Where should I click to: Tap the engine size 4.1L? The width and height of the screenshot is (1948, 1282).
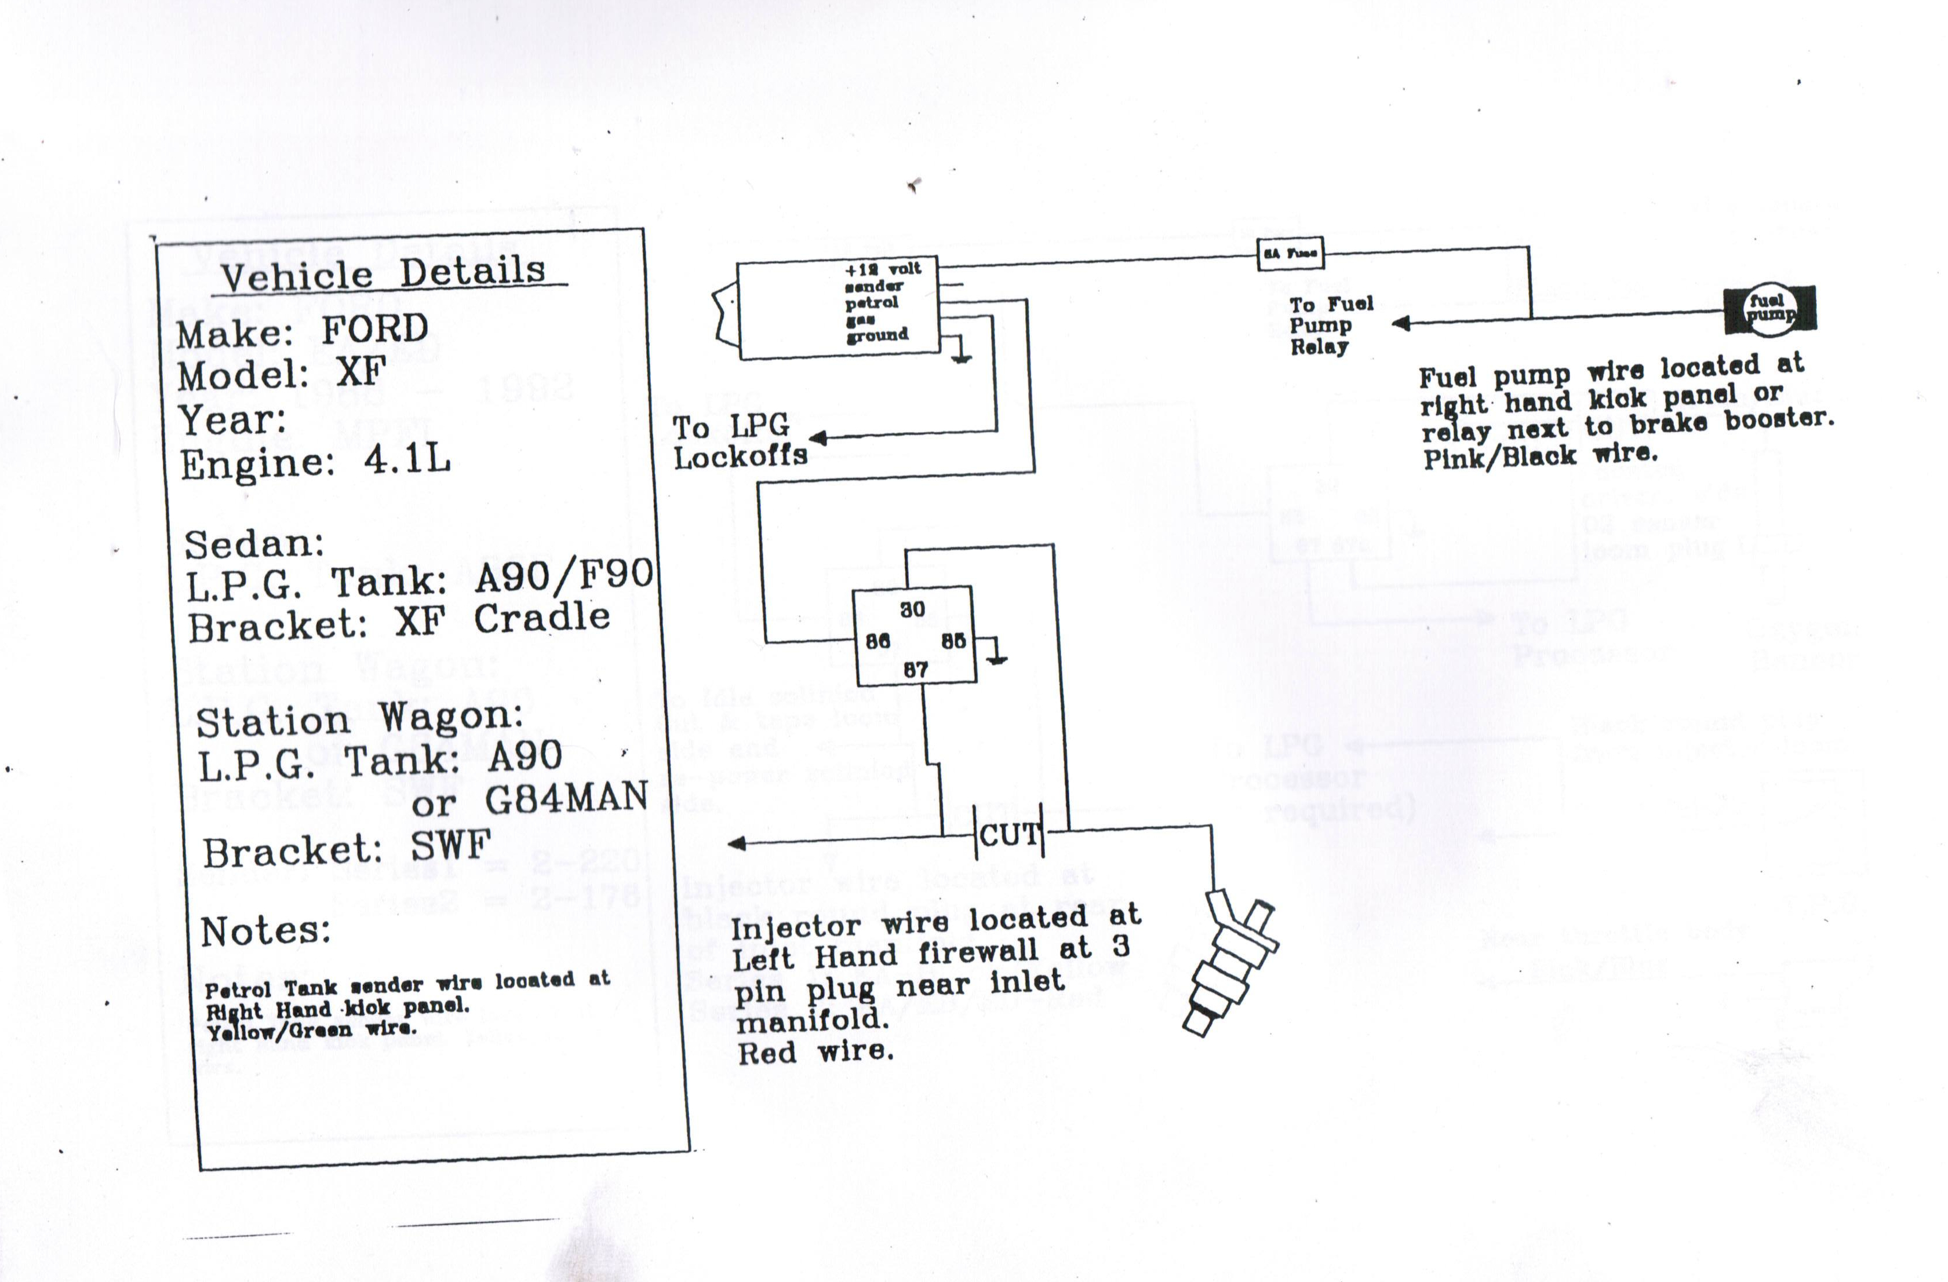[407, 461]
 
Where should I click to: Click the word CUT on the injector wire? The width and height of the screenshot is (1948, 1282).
[1009, 836]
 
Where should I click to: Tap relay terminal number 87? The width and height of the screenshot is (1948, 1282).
[915, 670]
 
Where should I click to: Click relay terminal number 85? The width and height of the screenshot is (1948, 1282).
[953, 641]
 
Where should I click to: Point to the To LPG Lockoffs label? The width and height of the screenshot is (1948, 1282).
[739, 442]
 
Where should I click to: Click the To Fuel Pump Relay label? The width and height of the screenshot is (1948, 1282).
[1331, 326]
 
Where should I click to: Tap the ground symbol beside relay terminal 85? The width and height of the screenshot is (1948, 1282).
[996, 656]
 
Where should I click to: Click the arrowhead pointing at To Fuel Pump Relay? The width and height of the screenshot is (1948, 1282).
[1400, 324]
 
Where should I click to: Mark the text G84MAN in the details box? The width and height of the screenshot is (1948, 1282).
[566, 798]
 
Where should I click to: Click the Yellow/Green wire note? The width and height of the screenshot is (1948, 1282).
[311, 1031]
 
